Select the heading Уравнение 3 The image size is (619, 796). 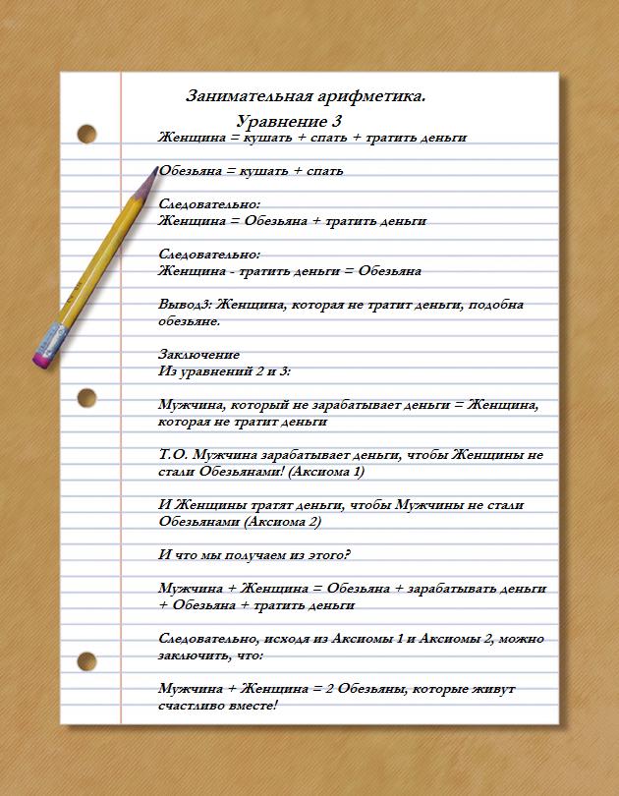point(289,121)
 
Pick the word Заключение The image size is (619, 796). point(198,355)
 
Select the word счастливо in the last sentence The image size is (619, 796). point(194,706)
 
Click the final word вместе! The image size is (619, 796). point(253,706)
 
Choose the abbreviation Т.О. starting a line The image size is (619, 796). point(174,455)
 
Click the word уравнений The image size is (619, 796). point(218,371)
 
